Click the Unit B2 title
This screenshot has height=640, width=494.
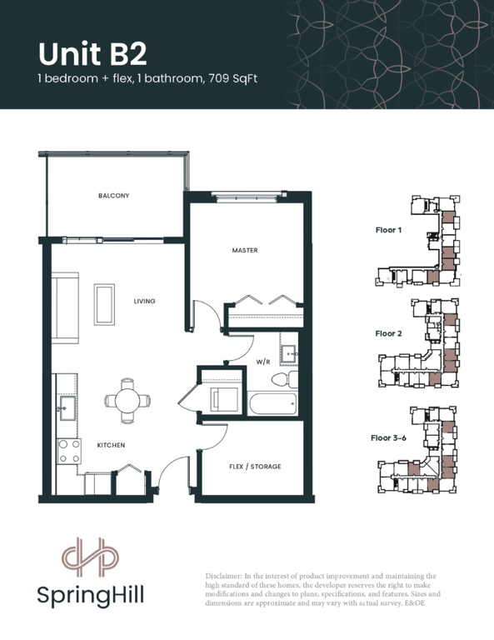pos(92,54)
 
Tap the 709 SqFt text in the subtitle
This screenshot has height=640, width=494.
pos(232,78)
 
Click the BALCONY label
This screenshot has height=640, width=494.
pos(114,196)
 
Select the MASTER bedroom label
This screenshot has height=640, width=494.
pos(245,250)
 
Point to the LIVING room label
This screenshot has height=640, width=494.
pos(144,301)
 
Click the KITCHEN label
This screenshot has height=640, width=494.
pos(111,445)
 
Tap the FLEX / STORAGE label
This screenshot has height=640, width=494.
pos(255,467)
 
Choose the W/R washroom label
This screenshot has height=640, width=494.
pos(263,362)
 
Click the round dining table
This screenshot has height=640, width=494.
pos(127,401)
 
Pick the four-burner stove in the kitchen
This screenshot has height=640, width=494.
pos(69,452)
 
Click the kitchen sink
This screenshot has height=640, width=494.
pos(67,407)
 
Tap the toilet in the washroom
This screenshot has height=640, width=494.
pos(284,380)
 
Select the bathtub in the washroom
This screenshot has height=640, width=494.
pos(273,403)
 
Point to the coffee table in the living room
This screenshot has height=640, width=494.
pos(104,304)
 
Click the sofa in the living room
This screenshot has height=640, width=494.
pos(65,308)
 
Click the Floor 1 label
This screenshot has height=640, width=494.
pos(388,230)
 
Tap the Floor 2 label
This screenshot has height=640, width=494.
pos(388,334)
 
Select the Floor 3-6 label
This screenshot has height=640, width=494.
pos(388,438)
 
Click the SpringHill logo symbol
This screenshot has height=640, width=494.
pos(90,557)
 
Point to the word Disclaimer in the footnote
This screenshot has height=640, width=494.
pos(222,577)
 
